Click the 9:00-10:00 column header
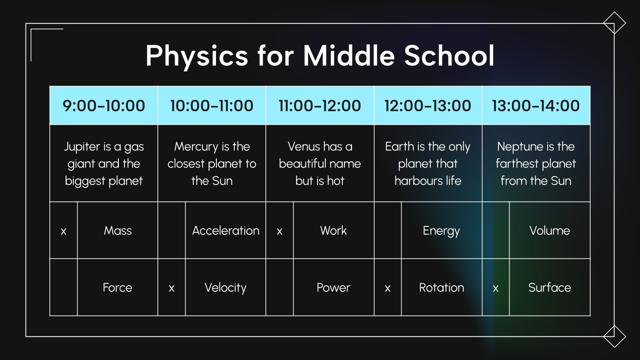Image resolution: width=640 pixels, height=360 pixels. pyautogui.click(x=104, y=106)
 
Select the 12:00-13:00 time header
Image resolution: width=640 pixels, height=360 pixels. pyautogui.click(x=428, y=106)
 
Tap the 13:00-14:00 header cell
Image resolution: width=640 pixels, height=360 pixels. pyautogui.click(x=536, y=106)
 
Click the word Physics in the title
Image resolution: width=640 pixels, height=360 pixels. pyautogui.click(x=196, y=56)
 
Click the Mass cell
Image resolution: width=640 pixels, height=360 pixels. pyautogui.click(x=118, y=230)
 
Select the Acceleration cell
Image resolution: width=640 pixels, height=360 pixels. pyautogui.click(x=226, y=230)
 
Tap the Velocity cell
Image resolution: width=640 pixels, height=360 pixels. pyautogui.click(x=226, y=288)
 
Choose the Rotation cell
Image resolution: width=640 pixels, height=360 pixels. pyautogui.click(x=442, y=288)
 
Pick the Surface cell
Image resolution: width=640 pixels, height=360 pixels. pyautogui.click(x=550, y=288)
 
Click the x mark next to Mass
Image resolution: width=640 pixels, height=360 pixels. pyautogui.click(x=63, y=231)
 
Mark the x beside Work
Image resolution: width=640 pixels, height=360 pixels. pyautogui.click(x=280, y=231)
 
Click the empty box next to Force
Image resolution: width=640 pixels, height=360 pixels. pyautogui.click(x=63, y=287)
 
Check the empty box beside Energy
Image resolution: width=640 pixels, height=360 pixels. pyautogui.click(x=388, y=230)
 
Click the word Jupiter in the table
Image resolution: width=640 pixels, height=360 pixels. pyautogui.click(x=82, y=147)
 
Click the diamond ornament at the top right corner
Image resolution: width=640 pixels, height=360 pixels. pyautogui.click(x=614, y=23)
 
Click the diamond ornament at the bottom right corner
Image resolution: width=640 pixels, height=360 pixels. pyautogui.click(x=614, y=336)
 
